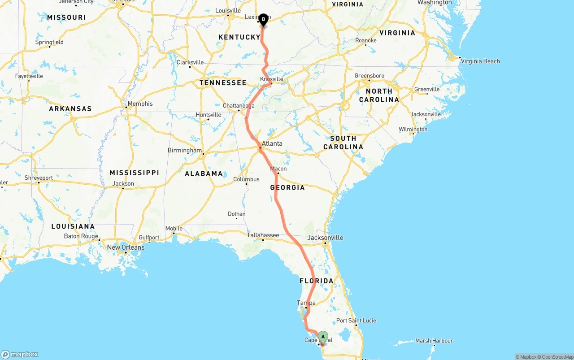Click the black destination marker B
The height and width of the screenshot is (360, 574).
point(263,19)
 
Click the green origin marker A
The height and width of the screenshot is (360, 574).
point(323,337)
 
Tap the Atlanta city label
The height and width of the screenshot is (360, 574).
point(272,143)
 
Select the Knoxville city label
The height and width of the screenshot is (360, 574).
point(272,79)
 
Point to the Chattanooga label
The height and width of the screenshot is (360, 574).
point(239,106)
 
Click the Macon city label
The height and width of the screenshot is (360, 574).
point(278,169)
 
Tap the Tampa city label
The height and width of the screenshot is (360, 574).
point(306,303)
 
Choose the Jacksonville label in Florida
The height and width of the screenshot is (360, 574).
point(326,238)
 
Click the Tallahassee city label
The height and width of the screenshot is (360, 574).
point(263,235)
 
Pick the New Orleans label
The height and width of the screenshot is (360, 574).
point(126,247)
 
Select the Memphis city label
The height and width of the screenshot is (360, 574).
point(140,104)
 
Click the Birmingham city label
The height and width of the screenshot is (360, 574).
point(185,150)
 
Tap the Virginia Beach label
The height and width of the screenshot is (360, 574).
point(480,61)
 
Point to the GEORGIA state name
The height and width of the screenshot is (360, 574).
point(287,187)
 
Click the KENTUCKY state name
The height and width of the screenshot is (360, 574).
point(239,37)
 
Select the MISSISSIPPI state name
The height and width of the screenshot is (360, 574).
point(135,173)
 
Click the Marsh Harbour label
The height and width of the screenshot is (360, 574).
point(434,341)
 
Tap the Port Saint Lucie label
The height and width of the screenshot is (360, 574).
point(356,321)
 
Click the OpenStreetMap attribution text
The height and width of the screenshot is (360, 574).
point(554,357)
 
